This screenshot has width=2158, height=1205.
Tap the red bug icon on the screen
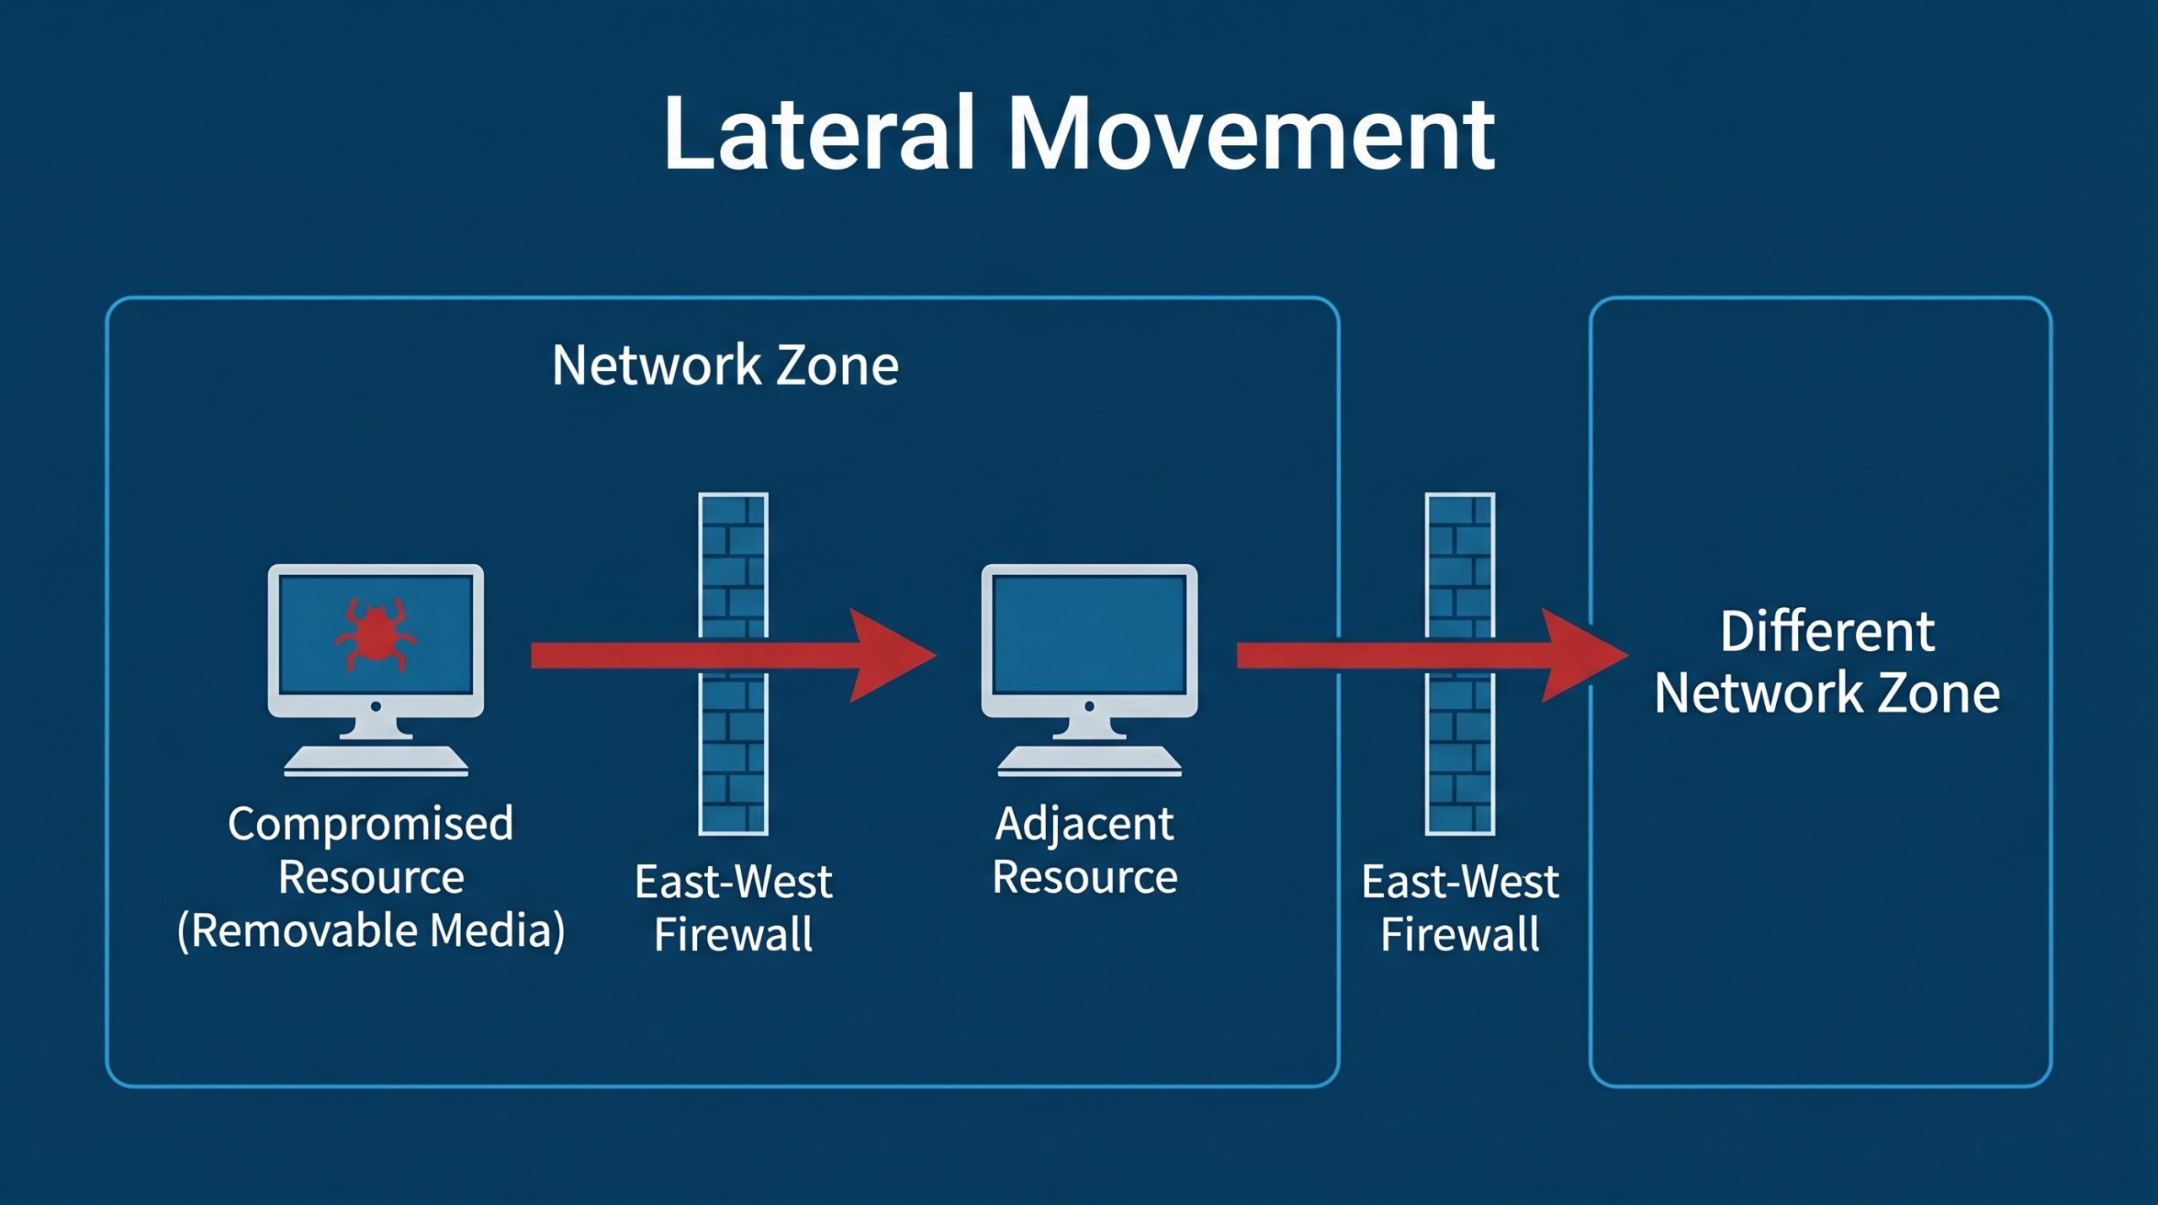[375, 635]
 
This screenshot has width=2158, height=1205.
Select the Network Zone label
[725, 365]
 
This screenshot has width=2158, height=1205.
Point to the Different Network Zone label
[1827, 662]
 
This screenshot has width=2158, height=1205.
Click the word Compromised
[370, 824]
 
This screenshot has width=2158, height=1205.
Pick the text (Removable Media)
[371, 931]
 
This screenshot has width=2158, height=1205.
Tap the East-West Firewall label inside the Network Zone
[733, 908]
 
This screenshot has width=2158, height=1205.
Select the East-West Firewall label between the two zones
[1460, 908]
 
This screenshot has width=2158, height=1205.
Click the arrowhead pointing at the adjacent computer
[889, 655]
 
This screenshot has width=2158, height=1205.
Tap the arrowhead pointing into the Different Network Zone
[1581, 655]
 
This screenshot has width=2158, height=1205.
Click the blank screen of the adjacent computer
[1089, 632]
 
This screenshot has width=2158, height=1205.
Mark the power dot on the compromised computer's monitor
[376, 706]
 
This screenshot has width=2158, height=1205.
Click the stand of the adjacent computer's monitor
[1089, 727]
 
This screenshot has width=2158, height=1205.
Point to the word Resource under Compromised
[371, 877]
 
